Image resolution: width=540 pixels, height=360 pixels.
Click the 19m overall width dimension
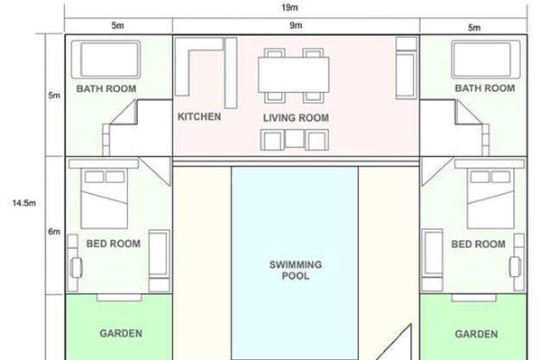click(x=289, y=7)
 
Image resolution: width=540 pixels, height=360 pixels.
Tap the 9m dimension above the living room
click(x=296, y=25)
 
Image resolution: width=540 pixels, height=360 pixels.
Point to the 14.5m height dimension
click(x=24, y=203)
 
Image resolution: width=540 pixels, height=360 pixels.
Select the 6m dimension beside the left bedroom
click(x=54, y=231)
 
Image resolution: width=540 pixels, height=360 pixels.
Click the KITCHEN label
click(x=199, y=116)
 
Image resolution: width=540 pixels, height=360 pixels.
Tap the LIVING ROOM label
click(x=296, y=118)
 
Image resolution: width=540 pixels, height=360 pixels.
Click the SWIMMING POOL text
click(x=296, y=270)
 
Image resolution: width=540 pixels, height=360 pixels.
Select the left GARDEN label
click(x=121, y=334)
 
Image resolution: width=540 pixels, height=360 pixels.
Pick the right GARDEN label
click(x=476, y=334)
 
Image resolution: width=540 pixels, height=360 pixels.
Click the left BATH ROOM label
click(x=106, y=88)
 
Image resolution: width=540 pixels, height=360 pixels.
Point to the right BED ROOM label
click(x=479, y=245)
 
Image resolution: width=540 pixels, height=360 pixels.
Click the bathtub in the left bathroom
click(x=105, y=60)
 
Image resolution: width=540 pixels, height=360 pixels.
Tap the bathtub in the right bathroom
click(x=486, y=60)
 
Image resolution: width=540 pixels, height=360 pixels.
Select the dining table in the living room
click(x=293, y=75)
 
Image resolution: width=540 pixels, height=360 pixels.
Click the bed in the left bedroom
click(x=104, y=198)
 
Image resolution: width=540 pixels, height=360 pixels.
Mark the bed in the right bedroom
click(x=490, y=198)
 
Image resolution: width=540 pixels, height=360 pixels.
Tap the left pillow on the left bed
click(x=94, y=177)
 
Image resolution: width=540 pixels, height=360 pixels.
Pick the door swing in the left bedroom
click(x=157, y=171)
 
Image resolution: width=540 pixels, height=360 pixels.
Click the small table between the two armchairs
click(x=295, y=138)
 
